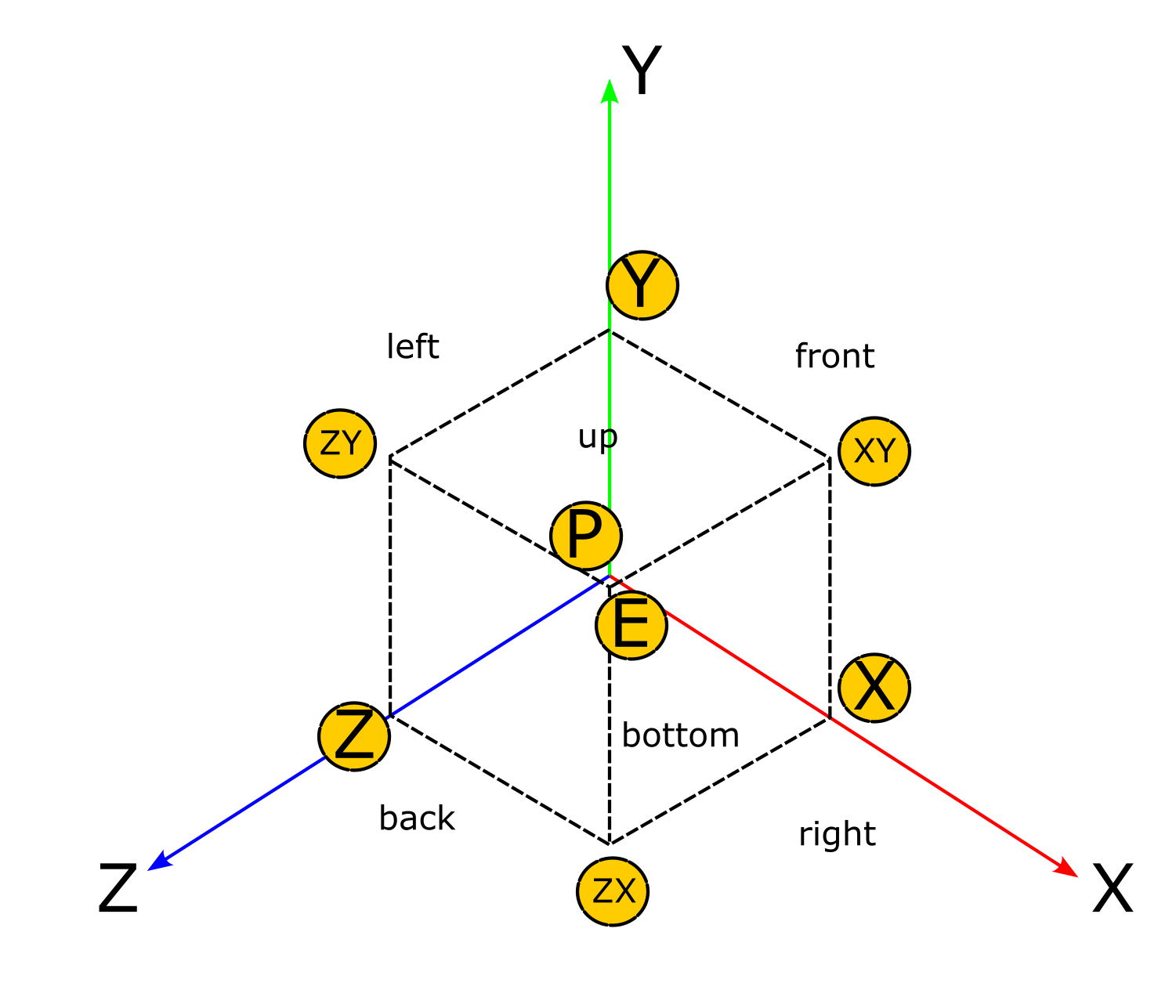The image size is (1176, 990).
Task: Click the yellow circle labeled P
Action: pos(586,537)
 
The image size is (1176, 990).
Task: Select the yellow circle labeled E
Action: pos(631,625)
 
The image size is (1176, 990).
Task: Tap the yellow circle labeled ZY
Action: pos(340,443)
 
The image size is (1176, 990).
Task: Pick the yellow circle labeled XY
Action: pos(874,451)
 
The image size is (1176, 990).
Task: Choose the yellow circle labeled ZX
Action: pos(613,891)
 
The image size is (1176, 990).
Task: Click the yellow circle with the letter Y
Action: pos(642,285)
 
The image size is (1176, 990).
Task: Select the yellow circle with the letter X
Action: pos(874,688)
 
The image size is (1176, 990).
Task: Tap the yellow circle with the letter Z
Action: pos(354,736)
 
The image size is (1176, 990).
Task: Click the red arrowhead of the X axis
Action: pos(1067,868)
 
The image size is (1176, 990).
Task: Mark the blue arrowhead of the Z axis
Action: pos(157,862)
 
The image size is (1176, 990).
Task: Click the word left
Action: pos(413,347)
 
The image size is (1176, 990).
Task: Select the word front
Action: pos(834,356)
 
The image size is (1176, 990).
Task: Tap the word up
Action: pos(598,437)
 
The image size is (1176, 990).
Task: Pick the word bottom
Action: pos(680,735)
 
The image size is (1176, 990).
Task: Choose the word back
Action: pos(417,818)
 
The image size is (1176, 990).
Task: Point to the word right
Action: pos(837,835)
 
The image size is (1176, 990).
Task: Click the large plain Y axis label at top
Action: pos(642,71)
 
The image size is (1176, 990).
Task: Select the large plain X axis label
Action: pos(1113,890)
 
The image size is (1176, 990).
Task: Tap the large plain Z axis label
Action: pos(118,890)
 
